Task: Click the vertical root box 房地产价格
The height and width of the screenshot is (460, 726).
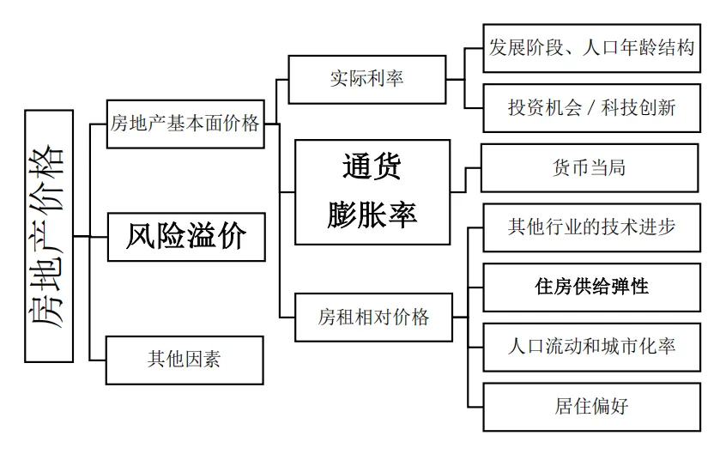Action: coord(49,236)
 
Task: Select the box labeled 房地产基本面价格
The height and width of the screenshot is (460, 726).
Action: coord(185,124)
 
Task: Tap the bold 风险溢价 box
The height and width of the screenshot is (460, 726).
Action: coord(186,237)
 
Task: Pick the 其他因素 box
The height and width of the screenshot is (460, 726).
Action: coord(185,360)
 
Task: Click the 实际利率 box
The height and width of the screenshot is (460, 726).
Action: coord(366,79)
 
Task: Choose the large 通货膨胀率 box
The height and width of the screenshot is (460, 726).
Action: coord(372,191)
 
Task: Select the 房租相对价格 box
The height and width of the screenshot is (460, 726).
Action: coord(373,318)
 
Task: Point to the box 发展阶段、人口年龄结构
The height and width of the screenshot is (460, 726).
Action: coord(591,48)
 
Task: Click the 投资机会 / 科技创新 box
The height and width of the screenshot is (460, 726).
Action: coord(591,108)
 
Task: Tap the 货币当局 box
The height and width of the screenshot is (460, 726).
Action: coord(589,167)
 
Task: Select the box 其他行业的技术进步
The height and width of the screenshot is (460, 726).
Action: coord(591,227)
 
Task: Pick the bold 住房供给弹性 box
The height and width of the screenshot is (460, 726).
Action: coord(591,287)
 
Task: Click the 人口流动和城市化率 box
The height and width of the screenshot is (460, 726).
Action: coord(591,347)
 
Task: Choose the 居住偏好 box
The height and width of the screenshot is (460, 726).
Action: coord(591,407)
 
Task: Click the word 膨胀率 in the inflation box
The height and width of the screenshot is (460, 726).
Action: coord(372,215)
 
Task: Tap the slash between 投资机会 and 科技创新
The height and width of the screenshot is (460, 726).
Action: coord(591,108)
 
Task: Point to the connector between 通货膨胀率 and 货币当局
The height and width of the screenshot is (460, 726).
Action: coord(466,179)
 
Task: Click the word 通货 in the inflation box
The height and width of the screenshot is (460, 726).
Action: coord(372,166)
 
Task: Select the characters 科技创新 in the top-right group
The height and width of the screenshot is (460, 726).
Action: coord(638,108)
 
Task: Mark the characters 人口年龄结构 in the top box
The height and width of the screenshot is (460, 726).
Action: coord(638,48)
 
